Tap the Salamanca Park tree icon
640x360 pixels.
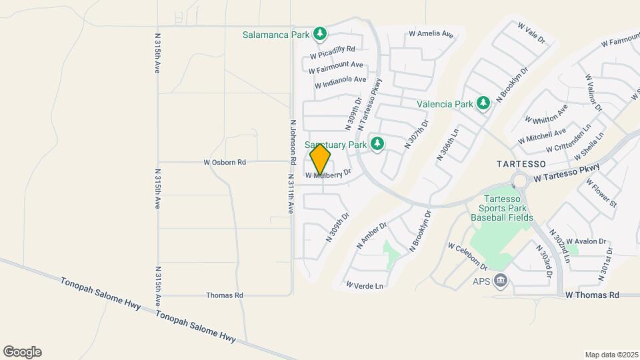click(321, 33)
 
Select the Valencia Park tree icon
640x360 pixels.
click(483, 103)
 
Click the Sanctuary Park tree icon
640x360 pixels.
click(377, 144)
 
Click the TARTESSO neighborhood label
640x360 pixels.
click(521, 163)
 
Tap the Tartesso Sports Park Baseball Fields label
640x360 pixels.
click(502, 208)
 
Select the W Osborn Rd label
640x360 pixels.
click(225, 162)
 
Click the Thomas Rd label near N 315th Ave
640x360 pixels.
click(225, 295)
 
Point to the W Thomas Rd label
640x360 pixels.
click(592, 295)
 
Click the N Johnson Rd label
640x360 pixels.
click(293, 143)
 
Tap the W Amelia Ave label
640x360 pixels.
click(431, 33)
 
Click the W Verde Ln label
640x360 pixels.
click(365, 285)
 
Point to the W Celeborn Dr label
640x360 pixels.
click(468, 257)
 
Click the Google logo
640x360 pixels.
click(22, 352)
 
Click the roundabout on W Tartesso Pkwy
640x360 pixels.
click(519, 180)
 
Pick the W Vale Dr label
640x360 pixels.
click(532, 33)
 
